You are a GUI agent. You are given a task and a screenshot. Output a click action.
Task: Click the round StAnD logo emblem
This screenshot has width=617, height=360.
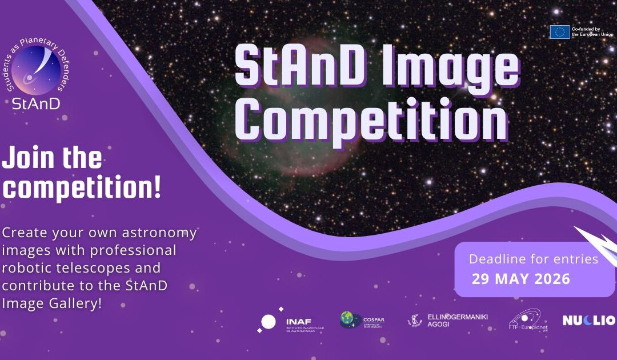click(x=37, y=70)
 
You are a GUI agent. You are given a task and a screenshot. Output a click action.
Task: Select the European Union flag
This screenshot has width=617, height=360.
click(x=559, y=32)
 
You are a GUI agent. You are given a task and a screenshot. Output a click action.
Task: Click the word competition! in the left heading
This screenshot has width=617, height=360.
click(x=82, y=189)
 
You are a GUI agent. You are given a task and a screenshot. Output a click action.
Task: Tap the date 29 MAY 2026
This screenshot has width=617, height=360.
click(x=520, y=279)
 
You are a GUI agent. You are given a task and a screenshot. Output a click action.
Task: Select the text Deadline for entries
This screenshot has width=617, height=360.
click(x=533, y=259)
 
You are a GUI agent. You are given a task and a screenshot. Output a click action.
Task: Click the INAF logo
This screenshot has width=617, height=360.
click(x=284, y=323)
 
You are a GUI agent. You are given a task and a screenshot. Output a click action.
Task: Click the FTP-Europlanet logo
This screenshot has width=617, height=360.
click(x=524, y=321)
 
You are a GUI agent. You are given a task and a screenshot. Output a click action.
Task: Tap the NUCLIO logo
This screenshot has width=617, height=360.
click(x=588, y=321)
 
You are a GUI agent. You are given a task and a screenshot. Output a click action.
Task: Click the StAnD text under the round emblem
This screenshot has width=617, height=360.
click(x=37, y=103)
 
